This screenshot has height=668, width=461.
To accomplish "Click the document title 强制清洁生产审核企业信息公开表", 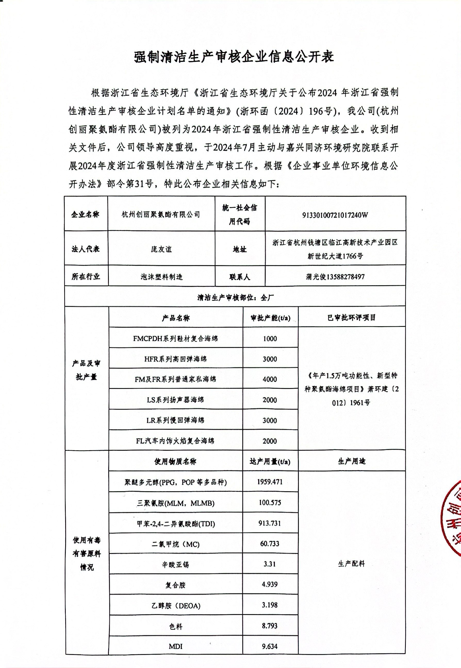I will (x=234, y=57).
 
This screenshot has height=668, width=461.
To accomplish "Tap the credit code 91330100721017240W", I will (x=335, y=215).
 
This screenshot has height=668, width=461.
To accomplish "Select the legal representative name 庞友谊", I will (x=161, y=249).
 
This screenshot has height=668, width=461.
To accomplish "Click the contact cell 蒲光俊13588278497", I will (x=335, y=277).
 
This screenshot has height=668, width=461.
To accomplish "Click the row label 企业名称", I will (x=86, y=214).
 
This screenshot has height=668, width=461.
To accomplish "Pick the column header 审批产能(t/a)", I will (x=270, y=318).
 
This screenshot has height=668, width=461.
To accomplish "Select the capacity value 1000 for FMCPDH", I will (x=270, y=338).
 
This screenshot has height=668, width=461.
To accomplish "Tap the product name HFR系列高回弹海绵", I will (x=175, y=359).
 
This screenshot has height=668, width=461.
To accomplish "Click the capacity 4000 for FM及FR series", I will (x=270, y=379).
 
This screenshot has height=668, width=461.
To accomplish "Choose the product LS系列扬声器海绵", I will (x=175, y=400).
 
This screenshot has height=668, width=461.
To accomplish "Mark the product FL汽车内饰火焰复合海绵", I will (x=175, y=441).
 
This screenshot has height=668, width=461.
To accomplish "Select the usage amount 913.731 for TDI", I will (x=270, y=523).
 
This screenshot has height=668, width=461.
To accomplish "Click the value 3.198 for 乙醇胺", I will (x=270, y=605).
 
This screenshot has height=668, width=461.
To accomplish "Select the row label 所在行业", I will (x=86, y=277).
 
